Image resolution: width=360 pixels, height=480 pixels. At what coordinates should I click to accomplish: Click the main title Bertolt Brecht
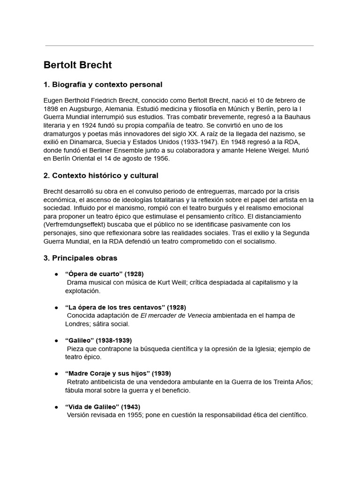coord(77,65)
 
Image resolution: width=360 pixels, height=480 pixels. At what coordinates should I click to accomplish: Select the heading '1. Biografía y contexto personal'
coord(103,85)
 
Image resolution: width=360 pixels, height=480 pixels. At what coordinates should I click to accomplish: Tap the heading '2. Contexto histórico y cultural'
coord(101,175)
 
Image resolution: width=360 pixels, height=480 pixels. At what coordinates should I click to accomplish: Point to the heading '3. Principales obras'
coord(80,258)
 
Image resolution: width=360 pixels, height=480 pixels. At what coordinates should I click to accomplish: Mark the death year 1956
coord(160,159)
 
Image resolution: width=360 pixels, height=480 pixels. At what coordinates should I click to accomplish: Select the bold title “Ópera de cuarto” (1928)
coord(104,274)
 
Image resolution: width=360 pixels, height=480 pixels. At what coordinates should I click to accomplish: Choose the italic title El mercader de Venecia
coord(176,315)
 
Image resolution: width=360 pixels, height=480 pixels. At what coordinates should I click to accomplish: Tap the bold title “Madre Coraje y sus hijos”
coord(111,374)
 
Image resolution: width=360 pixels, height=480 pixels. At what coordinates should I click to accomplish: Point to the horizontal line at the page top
coord(180,46)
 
